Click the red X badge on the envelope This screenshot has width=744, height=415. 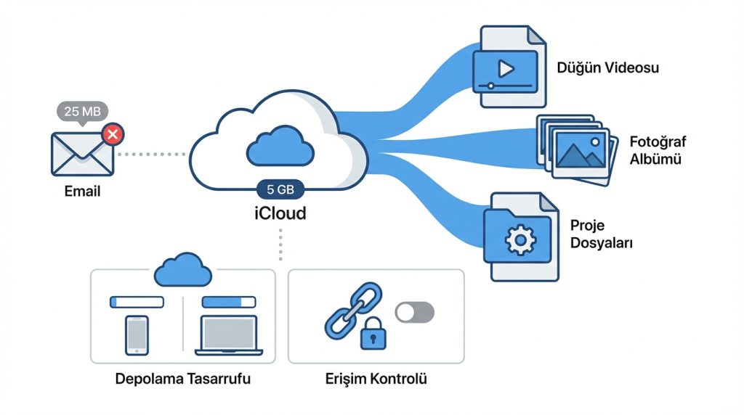click(113, 133)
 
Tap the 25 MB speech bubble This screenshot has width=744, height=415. click(83, 112)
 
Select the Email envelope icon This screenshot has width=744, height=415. click(82, 153)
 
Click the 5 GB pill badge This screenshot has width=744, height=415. click(280, 190)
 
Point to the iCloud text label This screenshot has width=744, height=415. click(280, 213)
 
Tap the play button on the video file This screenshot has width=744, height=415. click(506, 69)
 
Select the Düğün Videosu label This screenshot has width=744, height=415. click(607, 68)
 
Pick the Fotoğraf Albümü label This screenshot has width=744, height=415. click(658, 150)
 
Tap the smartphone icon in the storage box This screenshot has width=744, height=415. click(137, 334)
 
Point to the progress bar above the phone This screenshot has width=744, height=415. click(136, 301)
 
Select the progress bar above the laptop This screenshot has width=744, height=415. click(229, 301)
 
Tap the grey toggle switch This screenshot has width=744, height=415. click(414, 313)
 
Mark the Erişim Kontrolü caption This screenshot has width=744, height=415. click(376, 379)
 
